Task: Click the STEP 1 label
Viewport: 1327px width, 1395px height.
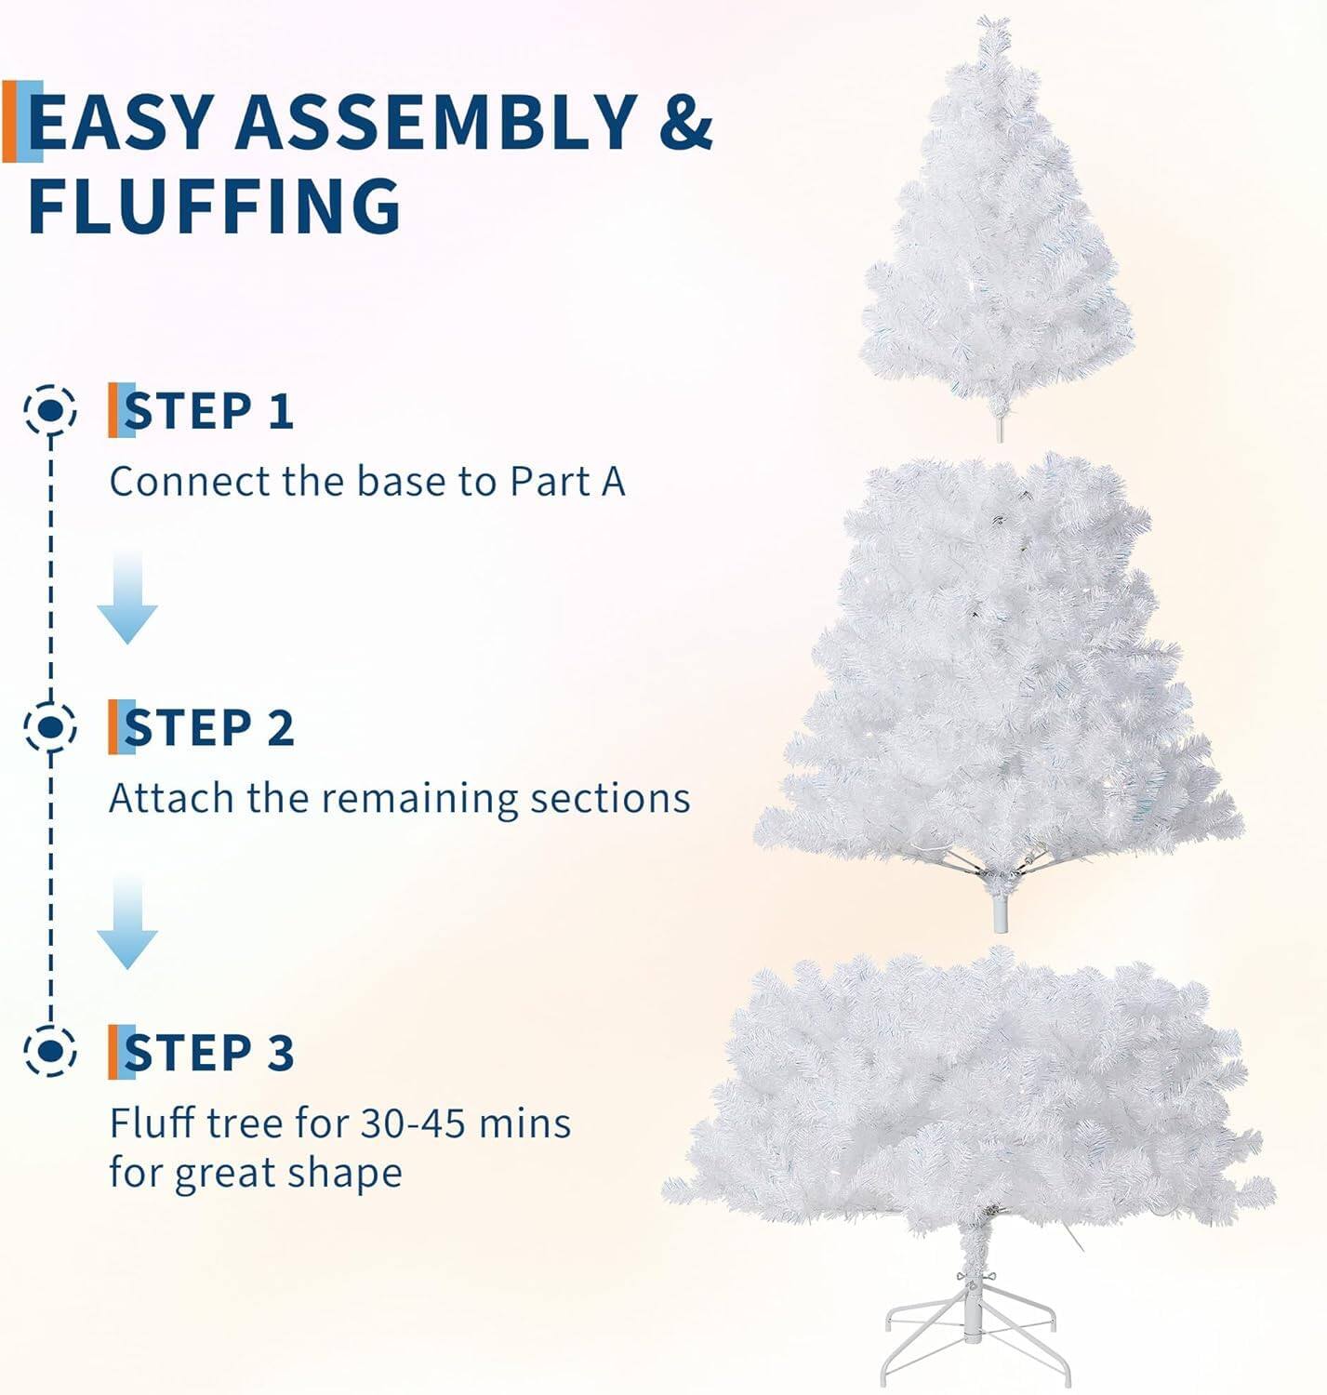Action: coord(208,411)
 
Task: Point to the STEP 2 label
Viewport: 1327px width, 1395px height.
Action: coord(208,727)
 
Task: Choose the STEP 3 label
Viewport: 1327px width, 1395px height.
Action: coord(208,1053)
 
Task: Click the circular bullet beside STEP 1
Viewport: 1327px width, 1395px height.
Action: coord(50,409)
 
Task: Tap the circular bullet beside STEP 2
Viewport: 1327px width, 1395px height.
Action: coord(50,725)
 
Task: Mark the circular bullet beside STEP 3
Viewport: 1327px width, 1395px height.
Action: coord(50,1051)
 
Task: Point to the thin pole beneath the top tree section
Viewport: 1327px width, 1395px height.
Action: coord(1001,427)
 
